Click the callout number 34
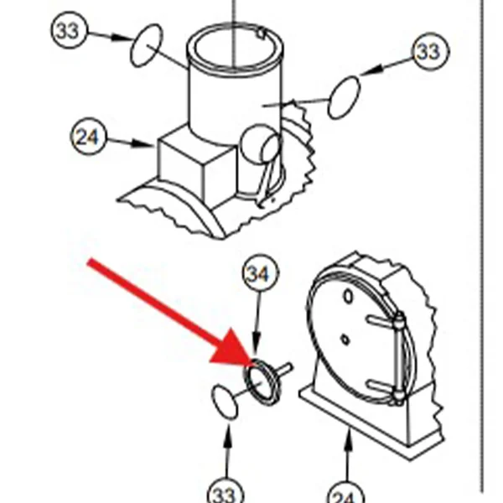pos(261,272)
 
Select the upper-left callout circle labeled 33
pos(69,30)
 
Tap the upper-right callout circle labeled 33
pos(431,51)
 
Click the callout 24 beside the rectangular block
pos(88,136)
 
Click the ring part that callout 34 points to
pos(247,381)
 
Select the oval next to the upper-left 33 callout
pos(146,45)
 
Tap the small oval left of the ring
pos(226,402)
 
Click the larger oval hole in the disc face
pos(349,297)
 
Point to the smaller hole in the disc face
pos(345,340)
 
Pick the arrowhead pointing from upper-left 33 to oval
pos(122,37)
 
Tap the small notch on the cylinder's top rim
pos(262,34)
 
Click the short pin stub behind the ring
pos(283,369)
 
